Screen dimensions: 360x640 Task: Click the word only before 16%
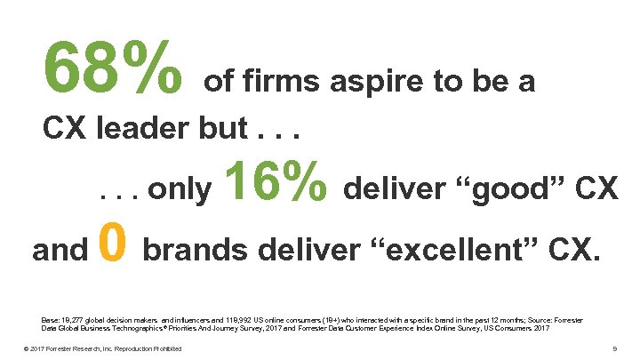(x=180, y=188)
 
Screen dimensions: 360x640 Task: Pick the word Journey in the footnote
(x=229, y=328)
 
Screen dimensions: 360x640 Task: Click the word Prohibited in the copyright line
(x=166, y=348)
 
